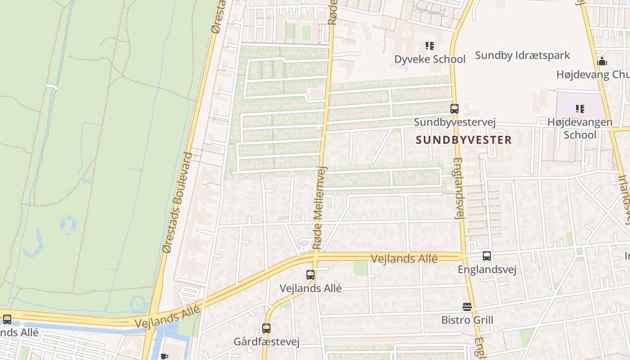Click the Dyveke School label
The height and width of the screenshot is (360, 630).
[x=430, y=59]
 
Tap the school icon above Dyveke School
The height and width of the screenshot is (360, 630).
[x=430, y=46]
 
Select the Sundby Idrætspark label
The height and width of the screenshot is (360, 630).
[x=522, y=55]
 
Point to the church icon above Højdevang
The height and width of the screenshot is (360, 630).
[x=602, y=62]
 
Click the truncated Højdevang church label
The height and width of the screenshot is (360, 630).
[x=593, y=74]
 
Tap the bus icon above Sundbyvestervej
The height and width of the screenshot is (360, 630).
[x=454, y=109]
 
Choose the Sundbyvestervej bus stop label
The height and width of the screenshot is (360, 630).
[x=454, y=122]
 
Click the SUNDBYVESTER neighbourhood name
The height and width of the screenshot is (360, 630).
[x=464, y=140]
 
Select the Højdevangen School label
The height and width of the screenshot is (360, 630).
[x=580, y=128]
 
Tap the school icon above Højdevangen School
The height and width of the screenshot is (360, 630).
[x=580, y=109]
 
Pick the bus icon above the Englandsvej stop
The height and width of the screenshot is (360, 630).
[x=487, y=256]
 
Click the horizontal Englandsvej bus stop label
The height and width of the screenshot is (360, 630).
[x=487, y=270]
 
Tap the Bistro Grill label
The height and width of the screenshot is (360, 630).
[x=467, y=320]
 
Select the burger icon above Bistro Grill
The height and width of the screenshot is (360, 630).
[x=467, y=307]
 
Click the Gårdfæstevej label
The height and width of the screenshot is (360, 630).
[x=266, y=342]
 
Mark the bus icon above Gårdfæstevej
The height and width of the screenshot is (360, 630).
[x=266, y=328]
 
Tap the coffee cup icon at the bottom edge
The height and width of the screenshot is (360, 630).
[x=164, y=357]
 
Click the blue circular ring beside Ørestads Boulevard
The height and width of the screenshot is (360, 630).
[x=138, y=304]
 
